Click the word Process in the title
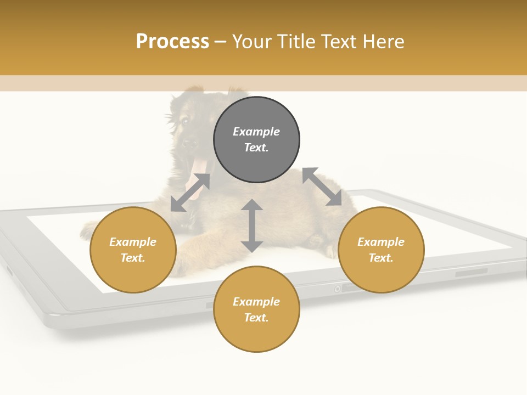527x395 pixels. [172, 42]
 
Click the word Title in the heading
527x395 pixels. [297, 42]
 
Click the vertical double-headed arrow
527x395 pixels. [252, 225]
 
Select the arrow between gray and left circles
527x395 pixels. [190, 192]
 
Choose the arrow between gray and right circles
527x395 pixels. [322, 187]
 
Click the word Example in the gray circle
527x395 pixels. [256, 132]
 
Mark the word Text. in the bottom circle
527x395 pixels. [256, 318]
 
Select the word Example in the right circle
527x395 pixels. [381, 242]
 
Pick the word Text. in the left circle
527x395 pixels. [133, 258]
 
